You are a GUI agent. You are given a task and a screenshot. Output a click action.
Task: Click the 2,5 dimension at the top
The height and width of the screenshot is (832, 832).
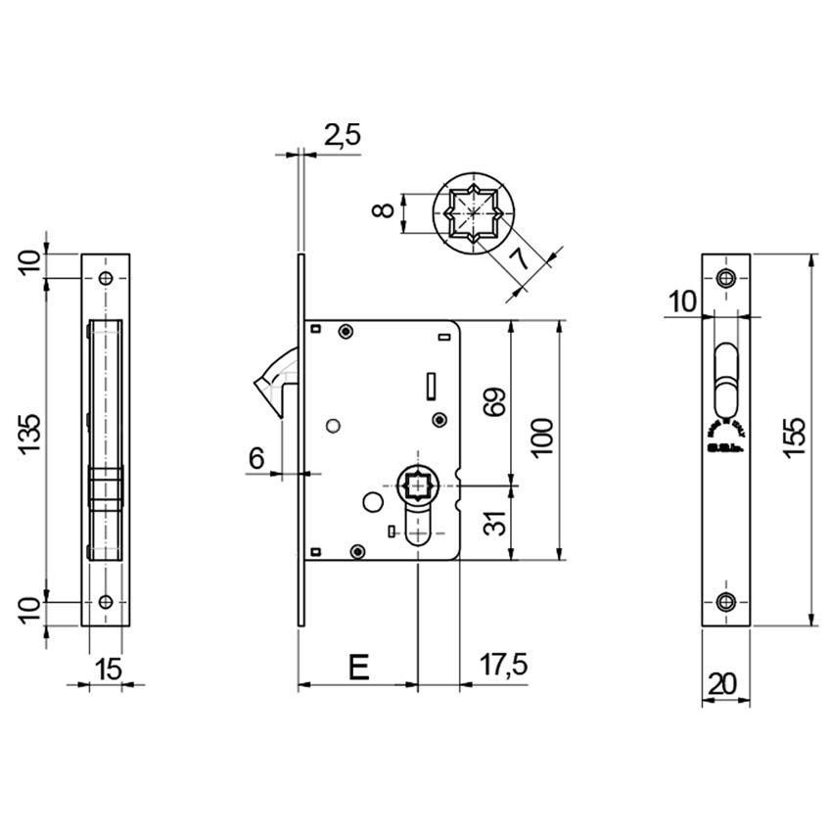point(342,136)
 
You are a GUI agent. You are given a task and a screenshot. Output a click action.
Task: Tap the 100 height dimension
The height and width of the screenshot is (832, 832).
point(541,439)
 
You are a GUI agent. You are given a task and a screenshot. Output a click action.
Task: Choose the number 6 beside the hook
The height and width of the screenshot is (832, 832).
point(257,457)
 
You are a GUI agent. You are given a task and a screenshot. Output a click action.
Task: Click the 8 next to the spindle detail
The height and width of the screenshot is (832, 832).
point(385,209)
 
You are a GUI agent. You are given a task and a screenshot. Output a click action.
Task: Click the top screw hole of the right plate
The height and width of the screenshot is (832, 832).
point(725,278)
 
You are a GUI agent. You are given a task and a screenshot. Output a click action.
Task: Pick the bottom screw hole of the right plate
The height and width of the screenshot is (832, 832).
point(725,601)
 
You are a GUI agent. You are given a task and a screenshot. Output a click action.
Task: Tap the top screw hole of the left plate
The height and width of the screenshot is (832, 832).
point(106,279)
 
